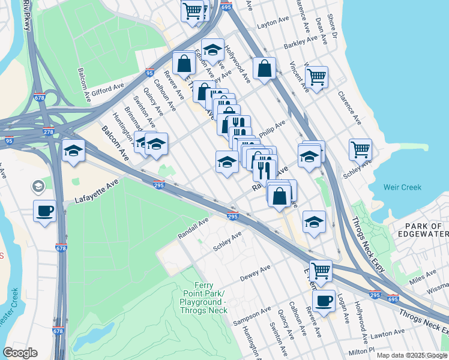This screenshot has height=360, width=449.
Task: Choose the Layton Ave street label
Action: tap(273, 23)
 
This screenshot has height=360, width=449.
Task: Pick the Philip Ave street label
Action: tap(272, 128)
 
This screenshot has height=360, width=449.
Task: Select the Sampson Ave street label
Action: tap(252, 316)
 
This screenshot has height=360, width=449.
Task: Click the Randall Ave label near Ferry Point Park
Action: tap(193, 229)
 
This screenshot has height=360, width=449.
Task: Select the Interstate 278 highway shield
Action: tap(49, 131)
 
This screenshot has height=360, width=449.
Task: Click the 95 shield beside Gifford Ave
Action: tap(149, 73)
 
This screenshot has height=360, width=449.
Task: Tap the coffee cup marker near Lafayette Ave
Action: tap(45, 211)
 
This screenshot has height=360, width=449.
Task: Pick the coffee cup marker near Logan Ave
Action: tap(324, 301)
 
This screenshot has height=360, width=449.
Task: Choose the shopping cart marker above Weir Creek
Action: tap(360, 149)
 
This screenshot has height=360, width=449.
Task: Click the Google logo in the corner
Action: tap(20, 353)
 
